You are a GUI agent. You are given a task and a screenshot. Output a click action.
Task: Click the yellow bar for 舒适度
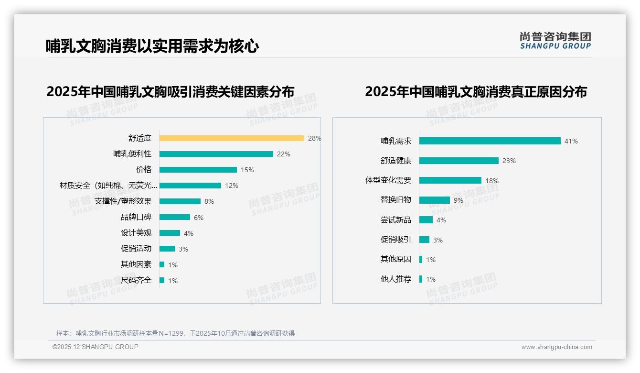click(232, 138)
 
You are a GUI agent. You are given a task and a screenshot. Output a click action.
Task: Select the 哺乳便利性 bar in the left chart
click(216, 154)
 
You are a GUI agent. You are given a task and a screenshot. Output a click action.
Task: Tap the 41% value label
click(571, 141)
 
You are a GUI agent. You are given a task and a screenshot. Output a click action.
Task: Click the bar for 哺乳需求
click(490, 141)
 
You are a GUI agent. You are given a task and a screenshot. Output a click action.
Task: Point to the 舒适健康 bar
click(459, 161)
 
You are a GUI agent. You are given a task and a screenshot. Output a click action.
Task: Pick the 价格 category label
click(143, 170)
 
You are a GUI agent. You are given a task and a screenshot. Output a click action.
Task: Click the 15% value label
click(247, 170)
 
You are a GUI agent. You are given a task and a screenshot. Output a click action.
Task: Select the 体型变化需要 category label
click(388, 180)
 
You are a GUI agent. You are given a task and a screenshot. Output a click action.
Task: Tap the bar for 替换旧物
click(434, 200)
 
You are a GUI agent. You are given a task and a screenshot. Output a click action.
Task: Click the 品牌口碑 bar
click(174, 217)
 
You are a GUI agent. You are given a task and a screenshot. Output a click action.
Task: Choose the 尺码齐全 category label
click(136, 280)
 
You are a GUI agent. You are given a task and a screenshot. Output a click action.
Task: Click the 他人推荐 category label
click(395, 279)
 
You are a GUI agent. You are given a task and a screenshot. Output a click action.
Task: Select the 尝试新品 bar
click(426, 220)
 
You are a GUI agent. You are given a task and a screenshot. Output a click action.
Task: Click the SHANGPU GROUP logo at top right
click(555, 41)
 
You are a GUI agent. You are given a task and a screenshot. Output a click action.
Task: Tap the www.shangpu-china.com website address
click(556, 347)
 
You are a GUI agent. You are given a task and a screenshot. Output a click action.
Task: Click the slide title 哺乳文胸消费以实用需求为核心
click(152, 46)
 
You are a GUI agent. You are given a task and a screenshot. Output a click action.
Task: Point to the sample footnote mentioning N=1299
click(175, 333)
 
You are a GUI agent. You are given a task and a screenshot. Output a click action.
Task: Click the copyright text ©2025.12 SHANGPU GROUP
click(95, 347)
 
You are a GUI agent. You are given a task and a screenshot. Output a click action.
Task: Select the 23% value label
click(509, 161)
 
